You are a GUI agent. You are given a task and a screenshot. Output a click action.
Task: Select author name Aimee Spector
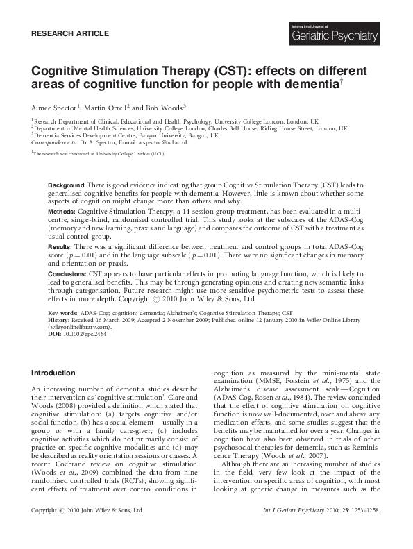pyautogui.click(x=54, y=108)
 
